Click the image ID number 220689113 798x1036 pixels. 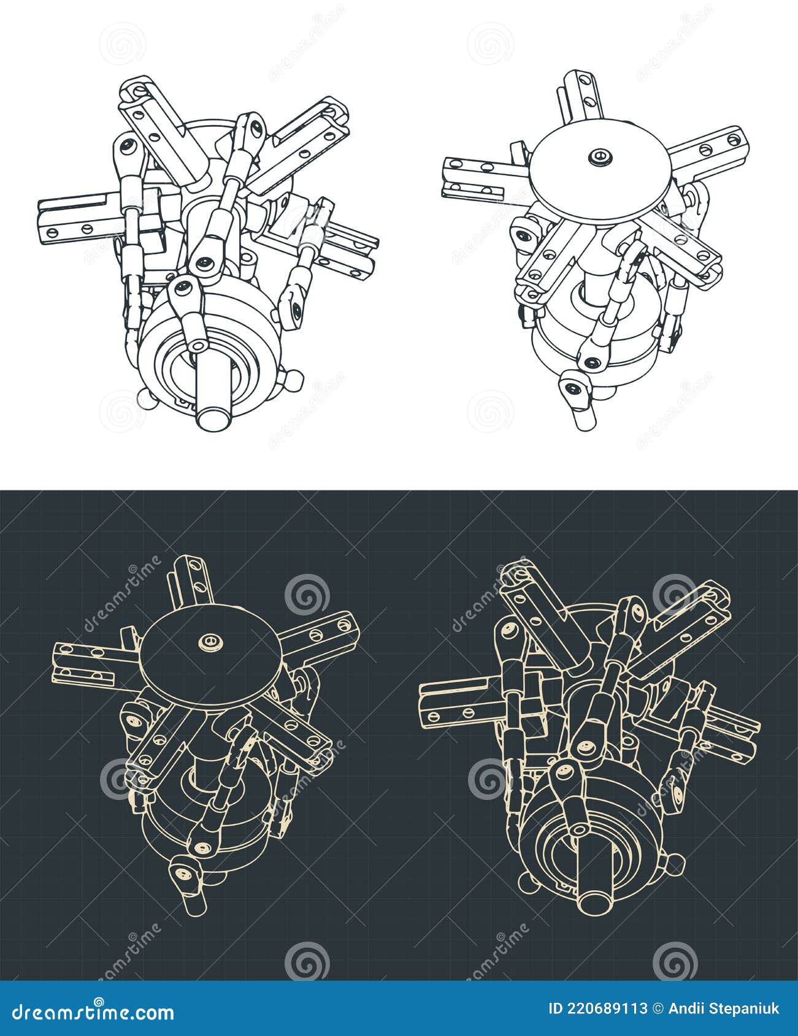(x=597, y=1008)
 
